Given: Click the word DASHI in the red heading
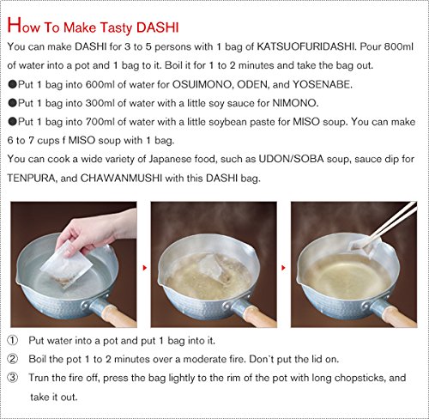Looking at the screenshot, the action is [x=158, y=27].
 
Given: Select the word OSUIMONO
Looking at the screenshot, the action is [x=202, y=84].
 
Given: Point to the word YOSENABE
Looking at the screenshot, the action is [x=323, y=84].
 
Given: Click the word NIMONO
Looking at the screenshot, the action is [x=295, y=103].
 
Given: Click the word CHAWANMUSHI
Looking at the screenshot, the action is [x=121, y=178].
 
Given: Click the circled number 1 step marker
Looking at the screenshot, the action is [x=13, y=340].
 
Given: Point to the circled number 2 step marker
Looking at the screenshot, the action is [x=13, y=359].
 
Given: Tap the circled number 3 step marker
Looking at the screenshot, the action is [x=13, y=378].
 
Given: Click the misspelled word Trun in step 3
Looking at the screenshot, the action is [x=39, y=378].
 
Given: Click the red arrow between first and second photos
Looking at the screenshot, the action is [x=145, y=268].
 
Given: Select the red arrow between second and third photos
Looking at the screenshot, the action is [x=283, y=268].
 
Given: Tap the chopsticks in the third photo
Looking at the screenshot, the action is [x=393, y=219].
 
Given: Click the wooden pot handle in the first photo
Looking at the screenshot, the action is [x=118, y=315].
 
